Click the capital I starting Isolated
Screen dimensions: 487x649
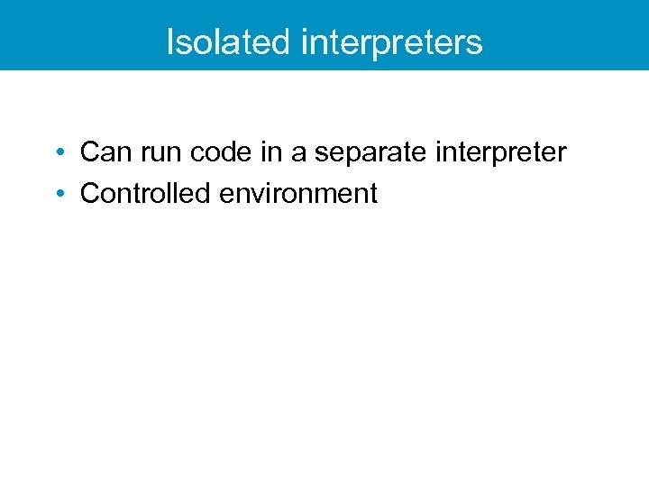pos(170,42)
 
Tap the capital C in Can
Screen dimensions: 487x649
pos(89,152)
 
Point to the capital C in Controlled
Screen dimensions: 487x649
pos(89,193)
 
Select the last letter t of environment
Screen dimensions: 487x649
pos(372,193)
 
